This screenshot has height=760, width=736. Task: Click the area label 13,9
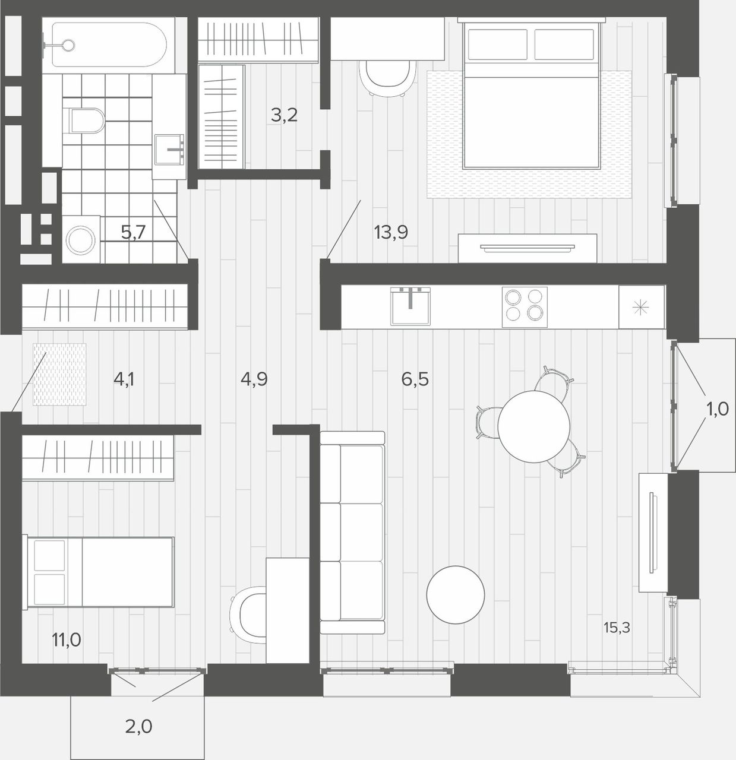coord(391,232)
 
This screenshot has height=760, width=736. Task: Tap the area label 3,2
coord(284,115)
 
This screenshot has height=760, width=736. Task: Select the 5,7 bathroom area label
coord(133,232)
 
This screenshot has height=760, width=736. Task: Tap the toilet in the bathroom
coord(86,121)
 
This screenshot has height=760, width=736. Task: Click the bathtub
coord(109,45)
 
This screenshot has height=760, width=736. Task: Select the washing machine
coord(81,239)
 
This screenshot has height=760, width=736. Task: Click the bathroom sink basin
coord(169,150)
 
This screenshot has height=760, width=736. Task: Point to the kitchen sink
coord(410,306)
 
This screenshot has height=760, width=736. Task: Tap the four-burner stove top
coord(525,307)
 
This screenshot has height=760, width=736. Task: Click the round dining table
coord(533,426)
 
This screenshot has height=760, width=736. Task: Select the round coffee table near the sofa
coord(456,594)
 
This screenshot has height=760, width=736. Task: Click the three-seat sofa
coord(352,533)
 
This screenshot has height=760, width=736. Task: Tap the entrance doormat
coord(59,374)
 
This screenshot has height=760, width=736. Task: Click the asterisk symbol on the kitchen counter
coord(641,308)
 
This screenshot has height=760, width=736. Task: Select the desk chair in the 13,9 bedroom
coord(387,77)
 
